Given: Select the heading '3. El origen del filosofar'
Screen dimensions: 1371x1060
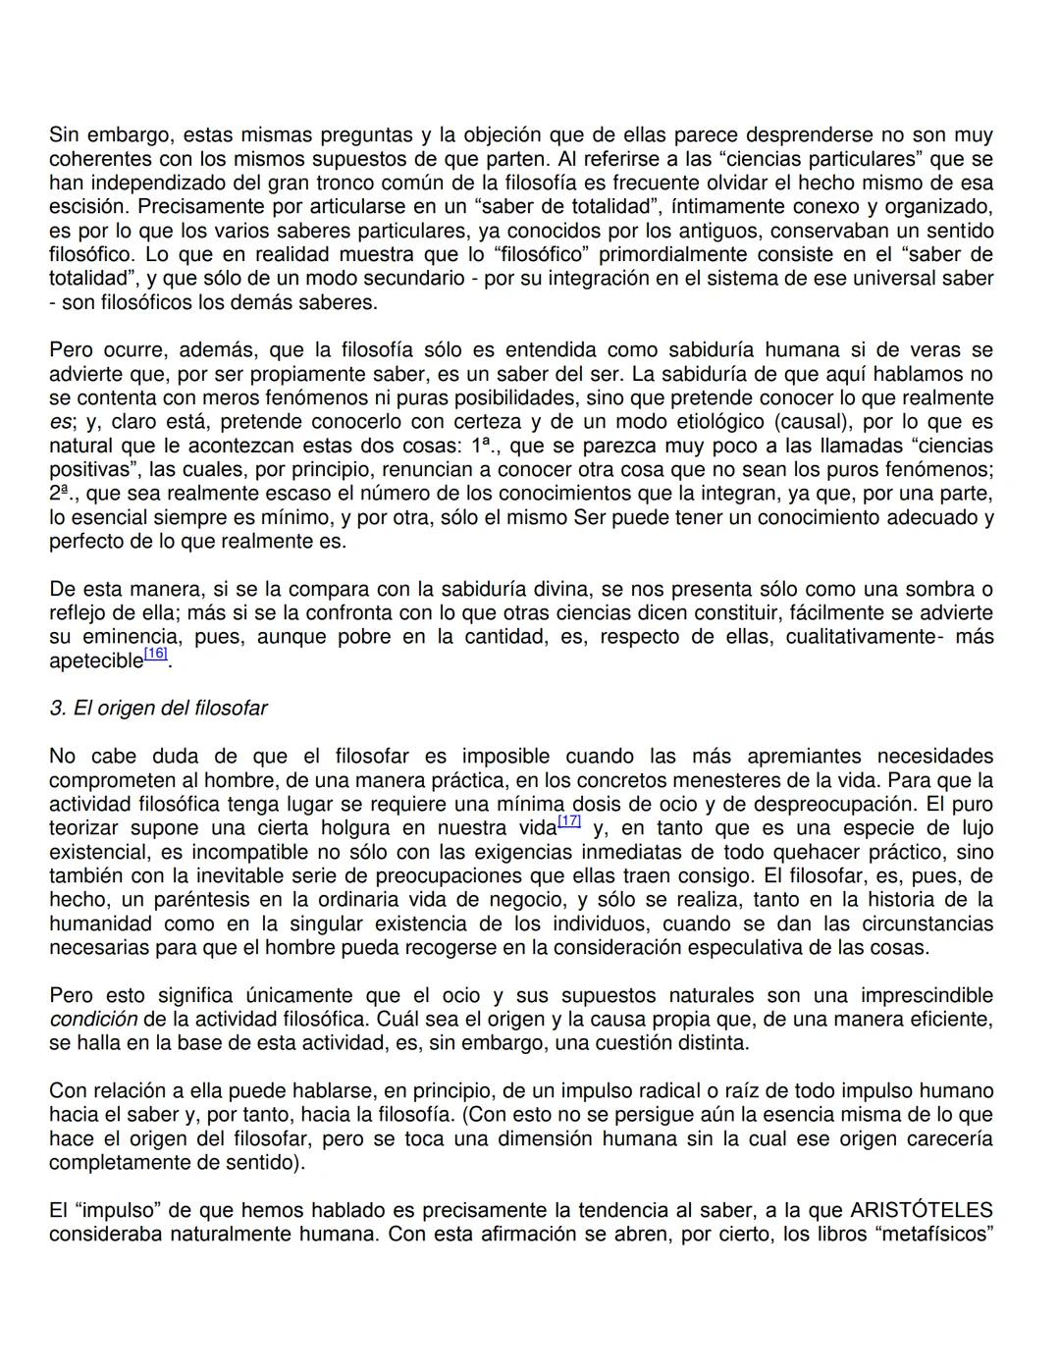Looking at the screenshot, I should [158, 709].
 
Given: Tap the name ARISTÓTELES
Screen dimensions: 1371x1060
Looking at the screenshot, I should [922, 1211].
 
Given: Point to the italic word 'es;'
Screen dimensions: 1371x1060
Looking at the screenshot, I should [62, 422].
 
